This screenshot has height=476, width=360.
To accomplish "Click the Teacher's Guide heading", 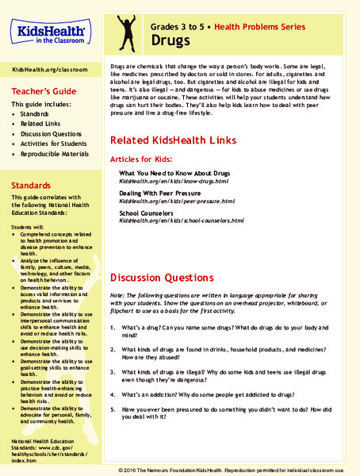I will pyautogui.click(x=43, y=90).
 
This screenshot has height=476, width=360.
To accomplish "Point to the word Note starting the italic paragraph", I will pyautogui.click(x=117, y=297).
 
